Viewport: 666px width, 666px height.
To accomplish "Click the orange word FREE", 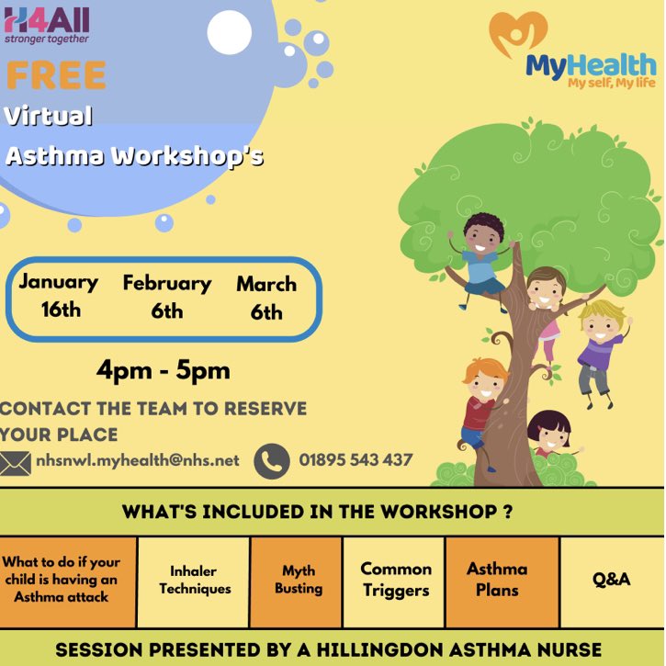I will [55, 75].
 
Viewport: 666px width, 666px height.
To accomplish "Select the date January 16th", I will [59, 295].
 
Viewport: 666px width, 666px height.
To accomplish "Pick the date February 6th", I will [166, 297].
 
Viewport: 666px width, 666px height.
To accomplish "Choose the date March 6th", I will [266, 298].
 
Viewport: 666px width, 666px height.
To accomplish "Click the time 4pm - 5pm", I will [164, 371].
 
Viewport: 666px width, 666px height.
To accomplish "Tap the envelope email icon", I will [15, 461].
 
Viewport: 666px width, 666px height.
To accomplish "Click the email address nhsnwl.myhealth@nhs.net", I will [138, 460].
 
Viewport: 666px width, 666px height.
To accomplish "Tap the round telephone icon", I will [272, 460].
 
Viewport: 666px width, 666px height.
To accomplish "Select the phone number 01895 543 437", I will [356, 460].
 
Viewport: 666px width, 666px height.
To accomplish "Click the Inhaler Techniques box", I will [194, 581].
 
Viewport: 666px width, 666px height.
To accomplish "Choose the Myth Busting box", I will [299, 581].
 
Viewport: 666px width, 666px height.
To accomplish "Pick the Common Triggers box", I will [395, 581].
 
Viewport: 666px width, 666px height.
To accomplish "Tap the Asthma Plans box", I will [497, 581].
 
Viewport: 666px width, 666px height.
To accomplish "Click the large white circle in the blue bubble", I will [229, 32].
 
